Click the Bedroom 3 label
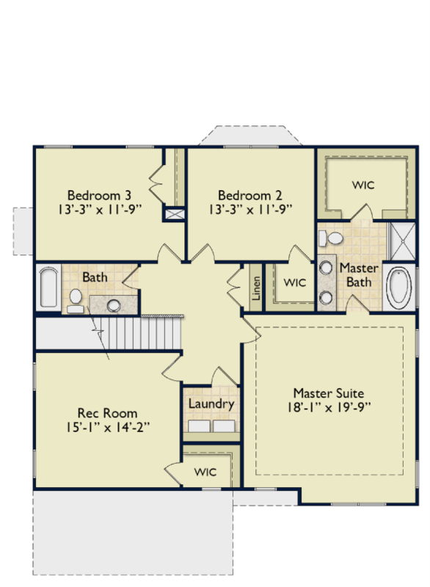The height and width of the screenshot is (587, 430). [x=99, y=195]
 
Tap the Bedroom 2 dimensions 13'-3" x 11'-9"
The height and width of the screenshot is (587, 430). [x=250, y=209]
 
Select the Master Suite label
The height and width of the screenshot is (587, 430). [x=329, y=393]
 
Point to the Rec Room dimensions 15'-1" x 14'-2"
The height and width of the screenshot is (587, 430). [x=108, y=427]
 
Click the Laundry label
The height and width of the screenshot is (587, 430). [x=211, y=404]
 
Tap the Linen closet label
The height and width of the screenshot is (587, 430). [x=256, y=288]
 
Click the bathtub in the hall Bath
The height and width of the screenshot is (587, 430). [x=48, y=287]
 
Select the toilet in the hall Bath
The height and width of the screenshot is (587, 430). [x=76, y=301]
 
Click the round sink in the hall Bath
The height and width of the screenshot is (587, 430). [x=114, y=305]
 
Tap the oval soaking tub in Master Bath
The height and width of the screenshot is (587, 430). [x=399, y=288]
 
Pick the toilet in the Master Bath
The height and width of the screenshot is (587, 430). [x=331, y=238]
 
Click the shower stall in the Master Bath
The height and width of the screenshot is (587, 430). [x=402, y=241]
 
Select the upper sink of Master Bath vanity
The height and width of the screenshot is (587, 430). [x=326, y=268]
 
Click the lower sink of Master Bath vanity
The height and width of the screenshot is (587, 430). [x=326, y=298]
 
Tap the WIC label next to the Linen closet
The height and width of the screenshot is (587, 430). [x=294, y=282]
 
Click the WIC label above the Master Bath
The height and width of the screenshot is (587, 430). [x=363, y=185]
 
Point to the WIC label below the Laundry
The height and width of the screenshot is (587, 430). [x=205, y=472]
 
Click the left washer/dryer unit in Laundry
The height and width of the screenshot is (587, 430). [x=199, y=426]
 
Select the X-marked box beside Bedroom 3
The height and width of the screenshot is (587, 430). [x=175, y=214]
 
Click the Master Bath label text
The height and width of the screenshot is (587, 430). [x=359, y=275]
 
